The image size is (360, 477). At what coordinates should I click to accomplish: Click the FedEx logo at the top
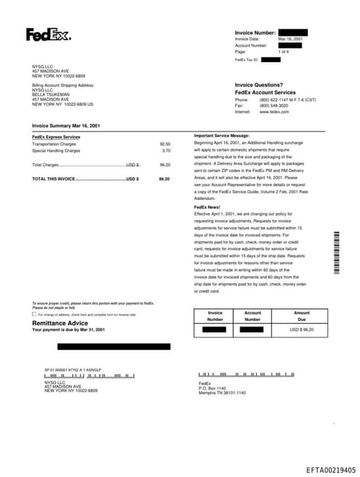tap(49, 34)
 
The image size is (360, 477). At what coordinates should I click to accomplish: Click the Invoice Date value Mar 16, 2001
tap(290, 39)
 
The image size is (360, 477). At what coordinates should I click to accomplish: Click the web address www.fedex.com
tap(274, 112)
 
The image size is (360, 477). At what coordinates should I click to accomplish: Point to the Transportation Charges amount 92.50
tap(165, 144)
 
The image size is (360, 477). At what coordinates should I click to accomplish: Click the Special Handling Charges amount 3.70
tap(166, 151)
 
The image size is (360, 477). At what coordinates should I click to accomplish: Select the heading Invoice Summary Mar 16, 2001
tap(65, 125)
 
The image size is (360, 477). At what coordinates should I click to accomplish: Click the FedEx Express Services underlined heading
tap(56, 136)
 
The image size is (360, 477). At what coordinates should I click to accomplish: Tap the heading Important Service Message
tap(221, 135)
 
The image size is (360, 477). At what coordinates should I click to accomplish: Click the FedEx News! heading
tap(207, 207)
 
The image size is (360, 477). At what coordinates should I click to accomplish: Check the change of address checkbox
tap(34, 314)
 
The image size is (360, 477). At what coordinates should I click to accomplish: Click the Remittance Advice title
tap(60, 323)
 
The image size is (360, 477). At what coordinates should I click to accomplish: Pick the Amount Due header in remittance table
tap(302, 316)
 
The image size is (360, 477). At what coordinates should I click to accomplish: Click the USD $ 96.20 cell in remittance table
tap(302, 329)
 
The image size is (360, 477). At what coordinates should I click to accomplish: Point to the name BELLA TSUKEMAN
tap(51, 94)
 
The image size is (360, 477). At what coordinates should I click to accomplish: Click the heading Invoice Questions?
tap(259, 84)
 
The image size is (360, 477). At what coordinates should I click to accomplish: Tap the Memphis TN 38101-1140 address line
tap(222, 392)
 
